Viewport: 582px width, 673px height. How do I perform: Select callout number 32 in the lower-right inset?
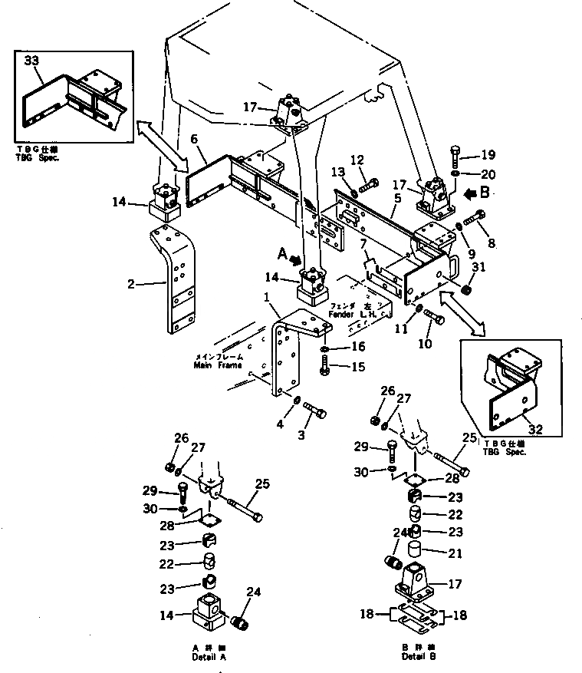point(535,430)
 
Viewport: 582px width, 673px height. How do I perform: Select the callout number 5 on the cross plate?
point(397,198)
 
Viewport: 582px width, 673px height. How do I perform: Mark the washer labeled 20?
point(455,174)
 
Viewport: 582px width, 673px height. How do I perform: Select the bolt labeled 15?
point(324,368)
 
